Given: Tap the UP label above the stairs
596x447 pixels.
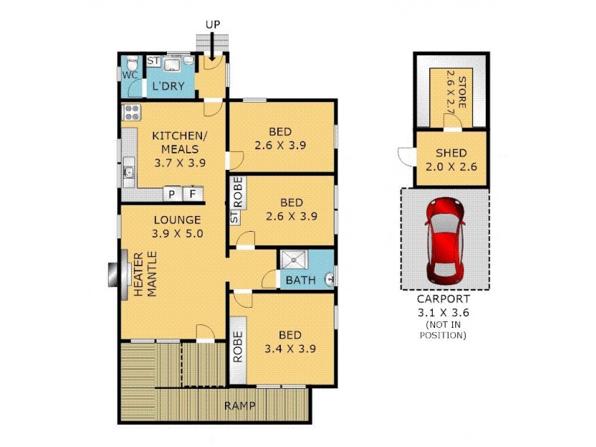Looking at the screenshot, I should coord(213,25).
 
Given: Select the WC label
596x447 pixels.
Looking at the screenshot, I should coord(130,75).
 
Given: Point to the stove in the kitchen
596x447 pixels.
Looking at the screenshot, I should coord(132,112).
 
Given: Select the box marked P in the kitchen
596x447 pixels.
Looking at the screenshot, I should coord(171,194).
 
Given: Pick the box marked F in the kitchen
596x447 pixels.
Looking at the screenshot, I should coord(192,194).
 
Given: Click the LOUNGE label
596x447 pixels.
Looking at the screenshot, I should coord(177,220).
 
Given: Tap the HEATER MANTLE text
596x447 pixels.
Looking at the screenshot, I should coord(144,276).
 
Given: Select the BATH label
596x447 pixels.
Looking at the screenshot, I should coord(300,281).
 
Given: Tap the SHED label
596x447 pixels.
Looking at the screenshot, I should coord(451,154).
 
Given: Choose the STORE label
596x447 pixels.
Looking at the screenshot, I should coord(460,92).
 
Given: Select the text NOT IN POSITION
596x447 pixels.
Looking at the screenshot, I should coord(445,330).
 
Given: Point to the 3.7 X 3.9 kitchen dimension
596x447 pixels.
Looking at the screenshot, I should coord(179,162).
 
